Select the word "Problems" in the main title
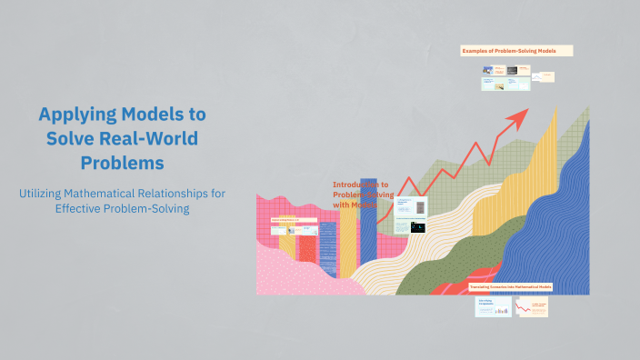[x=122, y=163]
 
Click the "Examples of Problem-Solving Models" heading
[x=516, y=51]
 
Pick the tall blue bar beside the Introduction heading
[x=367, y=218]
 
